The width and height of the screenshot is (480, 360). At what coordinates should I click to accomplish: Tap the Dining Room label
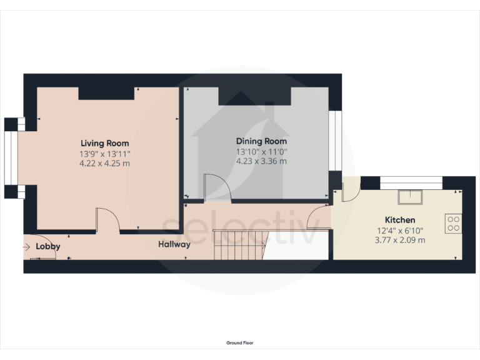(261, 141)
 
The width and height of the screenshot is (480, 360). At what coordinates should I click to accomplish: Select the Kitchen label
(399, 220)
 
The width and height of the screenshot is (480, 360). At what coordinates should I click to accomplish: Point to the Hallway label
(174, 244)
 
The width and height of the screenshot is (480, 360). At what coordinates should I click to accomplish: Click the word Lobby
(48, 247)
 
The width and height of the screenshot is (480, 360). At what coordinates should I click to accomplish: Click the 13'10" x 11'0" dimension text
(261, 151)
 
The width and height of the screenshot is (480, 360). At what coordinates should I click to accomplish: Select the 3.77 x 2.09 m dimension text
(399, 240)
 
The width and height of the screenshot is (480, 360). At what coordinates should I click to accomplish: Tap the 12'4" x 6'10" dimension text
(399, 230)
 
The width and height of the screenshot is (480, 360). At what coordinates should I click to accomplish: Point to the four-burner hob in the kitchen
(453, 223)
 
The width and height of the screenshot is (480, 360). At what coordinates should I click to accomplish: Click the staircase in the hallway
(239, 244)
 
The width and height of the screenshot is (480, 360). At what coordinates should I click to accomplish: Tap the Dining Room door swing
(217, 188)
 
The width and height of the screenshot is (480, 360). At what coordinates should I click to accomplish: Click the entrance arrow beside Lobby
(26, 247)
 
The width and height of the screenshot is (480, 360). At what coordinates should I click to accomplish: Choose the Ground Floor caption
(239, 342)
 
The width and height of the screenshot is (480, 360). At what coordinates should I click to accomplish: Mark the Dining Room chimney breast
(255, 96)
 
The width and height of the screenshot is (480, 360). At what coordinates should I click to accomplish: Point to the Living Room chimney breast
(106, 93)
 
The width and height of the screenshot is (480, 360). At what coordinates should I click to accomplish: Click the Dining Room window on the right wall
(336, 141)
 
